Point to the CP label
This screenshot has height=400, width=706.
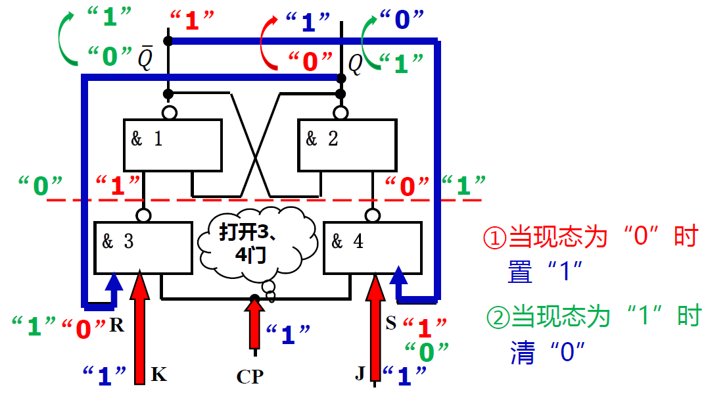pos(250,376)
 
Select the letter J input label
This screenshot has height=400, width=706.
pos(360,374)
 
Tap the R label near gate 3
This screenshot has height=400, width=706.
pos(117,325)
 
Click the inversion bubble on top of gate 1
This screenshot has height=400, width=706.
pos(169,113)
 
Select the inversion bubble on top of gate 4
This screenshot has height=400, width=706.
pos(373,214)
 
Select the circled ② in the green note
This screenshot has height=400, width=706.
pos(497,317)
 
